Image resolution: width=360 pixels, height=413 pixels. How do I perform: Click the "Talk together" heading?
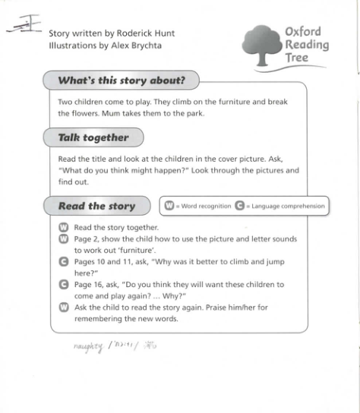(93, 137)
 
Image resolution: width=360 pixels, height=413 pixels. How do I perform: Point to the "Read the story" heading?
(96, 206)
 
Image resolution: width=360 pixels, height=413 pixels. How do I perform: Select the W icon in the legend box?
(169, 206)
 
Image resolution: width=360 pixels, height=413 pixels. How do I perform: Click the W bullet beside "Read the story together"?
(64, 227)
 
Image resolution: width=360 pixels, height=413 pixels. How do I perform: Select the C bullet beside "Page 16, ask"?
(64, 284)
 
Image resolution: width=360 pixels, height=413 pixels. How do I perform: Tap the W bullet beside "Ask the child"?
(64, 307)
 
